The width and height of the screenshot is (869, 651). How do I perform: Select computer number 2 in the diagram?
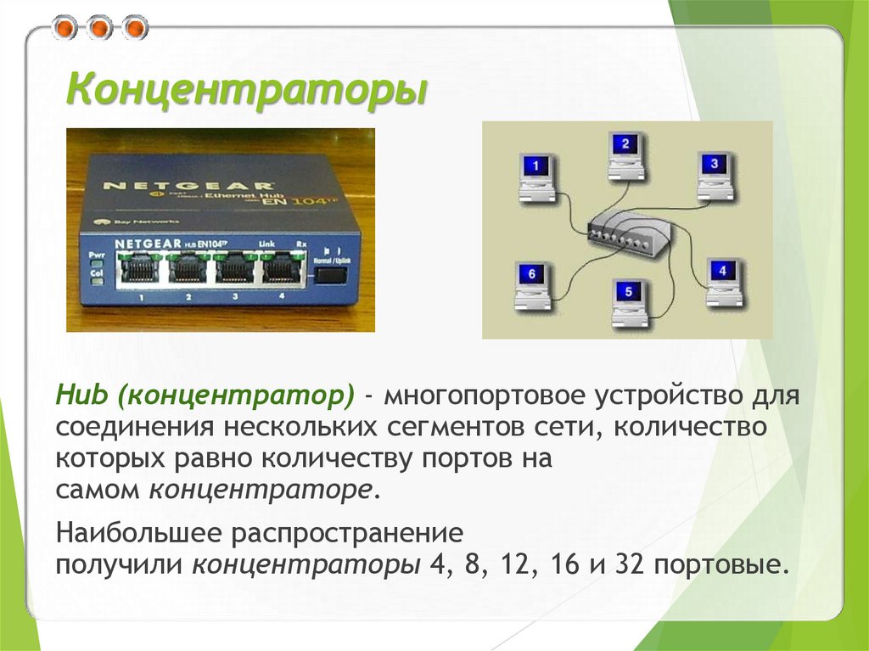[625, 154]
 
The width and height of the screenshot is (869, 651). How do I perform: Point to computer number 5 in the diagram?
[629, 301]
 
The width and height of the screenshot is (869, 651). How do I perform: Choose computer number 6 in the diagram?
[532, 285]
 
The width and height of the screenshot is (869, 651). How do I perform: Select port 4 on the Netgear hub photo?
[281, 270]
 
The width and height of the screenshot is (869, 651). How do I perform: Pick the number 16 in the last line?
[567, 564]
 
